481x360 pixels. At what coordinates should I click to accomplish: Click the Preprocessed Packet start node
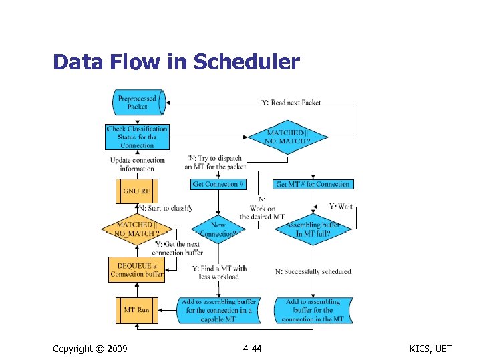[137, 102]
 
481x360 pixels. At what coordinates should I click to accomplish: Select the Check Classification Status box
[137, 137]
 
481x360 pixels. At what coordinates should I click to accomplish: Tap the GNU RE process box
[137, 191]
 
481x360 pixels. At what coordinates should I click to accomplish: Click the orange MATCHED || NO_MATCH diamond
[137, 229]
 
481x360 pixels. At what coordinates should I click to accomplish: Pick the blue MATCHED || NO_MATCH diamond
[289, 137]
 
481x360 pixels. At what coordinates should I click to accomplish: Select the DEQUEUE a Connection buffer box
[136, 269]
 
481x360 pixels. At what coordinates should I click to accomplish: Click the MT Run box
[137, 310]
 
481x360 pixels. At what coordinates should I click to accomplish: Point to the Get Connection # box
[218, 184]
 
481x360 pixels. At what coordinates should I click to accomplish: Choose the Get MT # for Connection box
[313, 184]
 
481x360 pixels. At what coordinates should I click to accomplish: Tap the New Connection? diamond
[218, 229]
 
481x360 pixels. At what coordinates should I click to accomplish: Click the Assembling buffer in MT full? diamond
[313, 229]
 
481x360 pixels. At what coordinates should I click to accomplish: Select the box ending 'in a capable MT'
[218, 310]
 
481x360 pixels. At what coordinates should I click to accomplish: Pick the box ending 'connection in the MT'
[313, 310]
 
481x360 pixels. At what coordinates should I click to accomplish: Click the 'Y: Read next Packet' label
[291, 103]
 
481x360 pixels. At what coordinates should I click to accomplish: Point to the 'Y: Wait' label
[341, 207]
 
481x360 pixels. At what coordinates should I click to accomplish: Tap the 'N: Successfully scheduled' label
[313, 271]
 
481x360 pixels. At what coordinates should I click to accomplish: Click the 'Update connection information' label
[137, 164]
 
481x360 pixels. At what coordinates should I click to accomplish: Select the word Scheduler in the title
[247, 62]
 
